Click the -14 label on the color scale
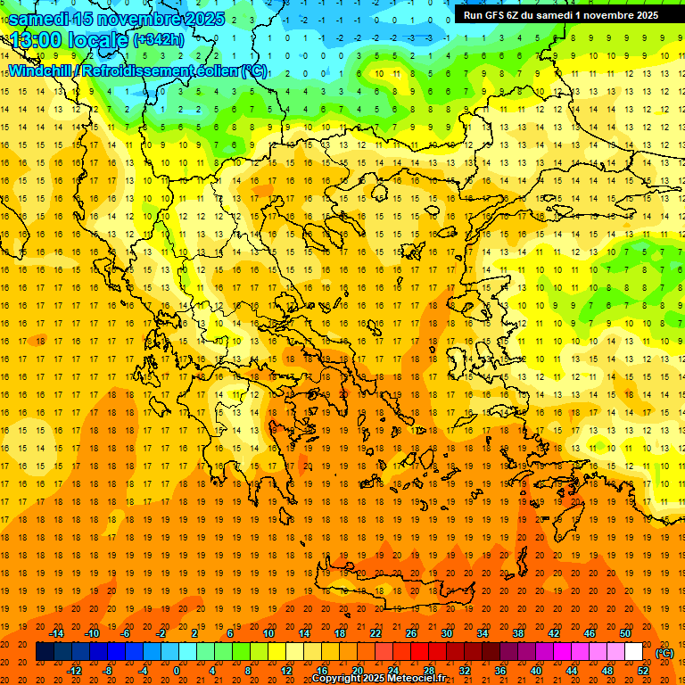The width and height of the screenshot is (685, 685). click(58, 633)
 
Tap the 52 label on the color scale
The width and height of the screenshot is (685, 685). click(643, 671)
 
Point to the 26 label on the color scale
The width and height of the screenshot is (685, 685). click(411, 633)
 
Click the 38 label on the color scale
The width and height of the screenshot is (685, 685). click(517, 633)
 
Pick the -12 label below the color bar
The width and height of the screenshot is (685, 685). click(75, 671)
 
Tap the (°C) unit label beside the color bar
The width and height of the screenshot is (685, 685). click(664, 653)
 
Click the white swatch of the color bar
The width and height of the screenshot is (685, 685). click(634, 652)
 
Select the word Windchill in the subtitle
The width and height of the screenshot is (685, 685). click(41, 70)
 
